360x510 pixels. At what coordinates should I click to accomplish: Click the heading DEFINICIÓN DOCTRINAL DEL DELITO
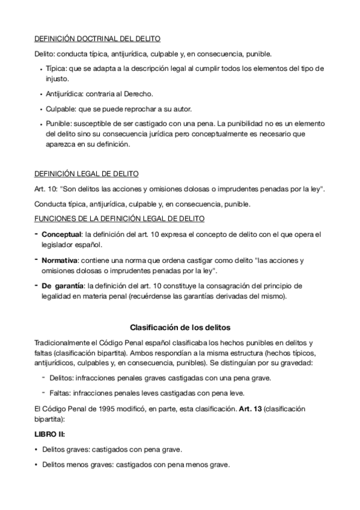[x=97, y=39]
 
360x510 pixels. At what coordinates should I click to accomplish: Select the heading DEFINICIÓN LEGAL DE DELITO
[x=87, y=174]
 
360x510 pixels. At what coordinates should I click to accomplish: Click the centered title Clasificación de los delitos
[x=180, y=327]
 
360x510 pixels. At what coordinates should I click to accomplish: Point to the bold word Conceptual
[x=61, y=233]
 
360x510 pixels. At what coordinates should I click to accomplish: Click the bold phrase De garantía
[x=62, y=286]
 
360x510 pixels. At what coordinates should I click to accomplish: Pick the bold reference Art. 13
[x=248, y=408]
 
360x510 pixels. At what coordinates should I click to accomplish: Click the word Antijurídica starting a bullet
[x=64, y=94]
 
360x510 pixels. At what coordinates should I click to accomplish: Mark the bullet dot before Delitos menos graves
[x=36, y=465]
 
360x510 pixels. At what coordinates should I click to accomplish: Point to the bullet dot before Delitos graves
[x=36, y=449]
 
